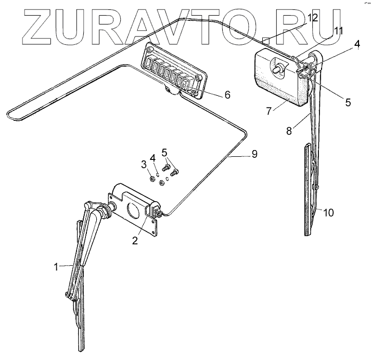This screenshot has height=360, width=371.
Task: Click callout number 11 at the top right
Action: (339, 31)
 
